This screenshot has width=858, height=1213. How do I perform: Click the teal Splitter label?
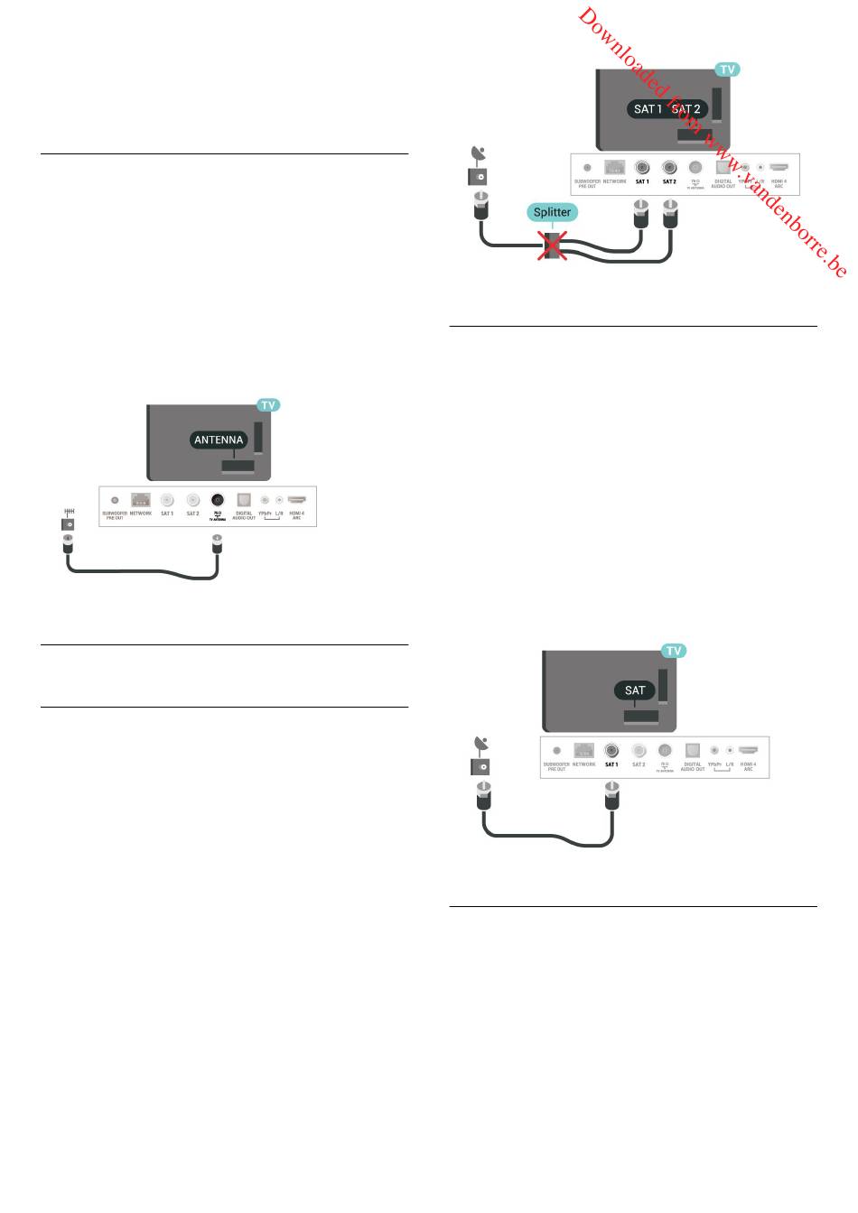click(552, 213)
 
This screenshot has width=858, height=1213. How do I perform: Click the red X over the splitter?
click(552, 245)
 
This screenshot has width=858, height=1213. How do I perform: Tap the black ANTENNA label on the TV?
click(219, 440)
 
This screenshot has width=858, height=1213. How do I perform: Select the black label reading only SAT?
click(635, 690)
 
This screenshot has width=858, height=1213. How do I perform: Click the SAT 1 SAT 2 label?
click(667, 109)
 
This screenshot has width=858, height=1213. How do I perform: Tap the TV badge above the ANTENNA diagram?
click(268, 405)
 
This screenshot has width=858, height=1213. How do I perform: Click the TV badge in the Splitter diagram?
click(727, 69)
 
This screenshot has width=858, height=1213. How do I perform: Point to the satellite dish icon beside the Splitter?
click(478, 153)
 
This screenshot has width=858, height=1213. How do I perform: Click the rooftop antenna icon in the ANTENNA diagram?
click(69, 512)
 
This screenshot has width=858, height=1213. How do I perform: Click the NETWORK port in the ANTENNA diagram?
click(140, 499)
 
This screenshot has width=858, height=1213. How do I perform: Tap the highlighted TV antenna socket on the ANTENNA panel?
click(218, 499)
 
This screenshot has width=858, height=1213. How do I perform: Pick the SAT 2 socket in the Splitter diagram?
click(669, 167)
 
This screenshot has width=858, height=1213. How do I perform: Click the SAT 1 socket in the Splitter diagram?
click(642, 167)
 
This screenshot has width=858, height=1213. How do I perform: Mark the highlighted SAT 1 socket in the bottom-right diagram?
click(611, 750)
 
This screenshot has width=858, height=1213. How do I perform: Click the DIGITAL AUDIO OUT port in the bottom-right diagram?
click(693, 750)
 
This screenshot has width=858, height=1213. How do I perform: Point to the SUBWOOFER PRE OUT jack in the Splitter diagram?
click(587, 168)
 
